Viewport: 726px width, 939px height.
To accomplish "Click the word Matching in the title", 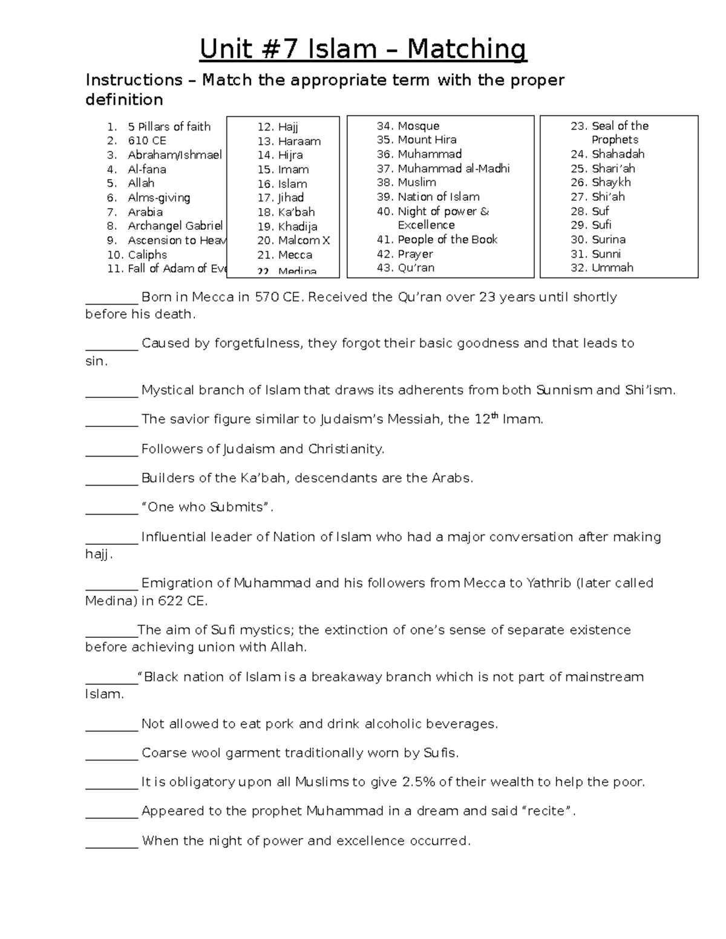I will [x=466, y=50].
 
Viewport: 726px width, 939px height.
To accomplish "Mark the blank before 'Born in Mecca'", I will [x=111, y=298].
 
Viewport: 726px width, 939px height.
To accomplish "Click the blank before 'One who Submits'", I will [x=111, y=508].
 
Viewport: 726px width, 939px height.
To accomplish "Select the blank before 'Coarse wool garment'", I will [x=111, y=754].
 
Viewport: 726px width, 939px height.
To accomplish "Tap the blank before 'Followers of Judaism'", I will [x=111, y=450].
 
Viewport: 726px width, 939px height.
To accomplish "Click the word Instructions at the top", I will [x=134, y=80].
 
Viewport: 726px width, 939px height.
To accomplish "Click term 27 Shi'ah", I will [x=608, y=197].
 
